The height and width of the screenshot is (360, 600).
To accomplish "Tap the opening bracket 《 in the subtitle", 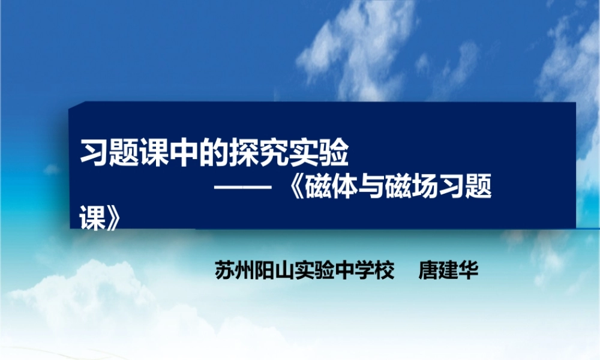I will [x=290, y=191].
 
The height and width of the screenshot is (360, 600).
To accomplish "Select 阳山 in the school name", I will [x=268, y=269].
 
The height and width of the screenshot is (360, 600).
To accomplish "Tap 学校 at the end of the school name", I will [x=376, y=269].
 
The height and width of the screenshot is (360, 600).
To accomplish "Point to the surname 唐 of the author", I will [x=430, y=269].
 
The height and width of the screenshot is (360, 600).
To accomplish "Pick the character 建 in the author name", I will [x=448, y=269].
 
